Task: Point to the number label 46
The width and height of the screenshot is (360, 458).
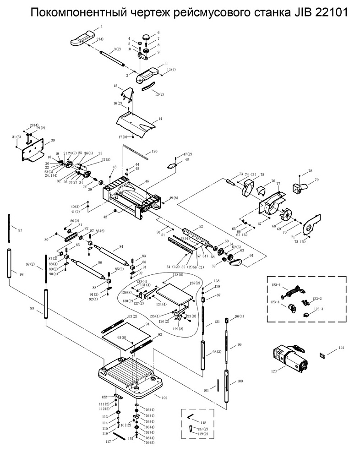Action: click(x=147, y=182)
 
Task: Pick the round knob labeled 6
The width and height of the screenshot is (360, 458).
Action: click(x=146, y=36)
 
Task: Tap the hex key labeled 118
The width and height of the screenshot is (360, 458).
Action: click(x=191, y=418)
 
